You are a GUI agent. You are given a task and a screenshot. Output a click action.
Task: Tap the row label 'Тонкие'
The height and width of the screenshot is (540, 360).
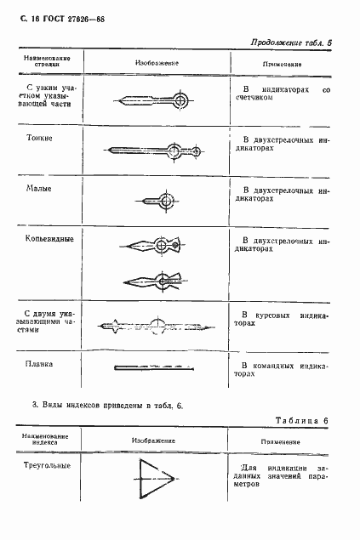40,137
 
